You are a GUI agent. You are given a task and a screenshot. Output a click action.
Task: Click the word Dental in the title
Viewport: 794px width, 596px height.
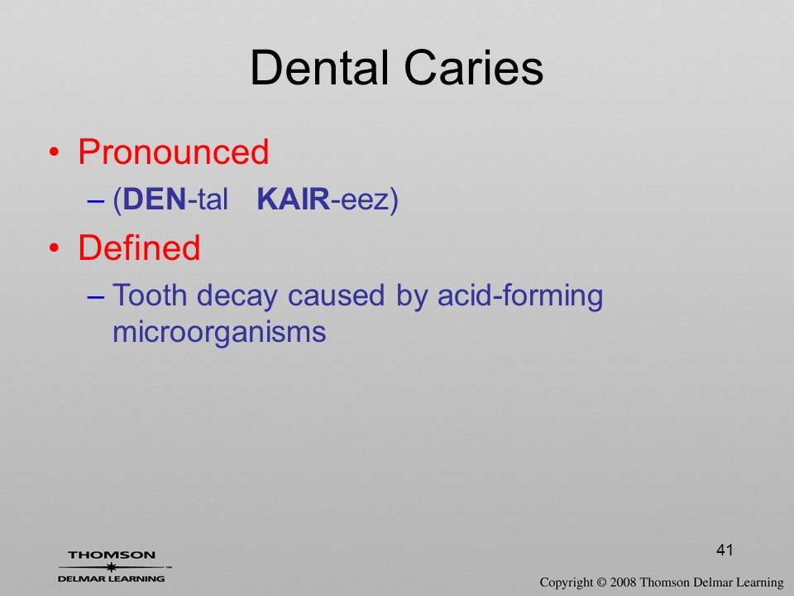tap(319, 67)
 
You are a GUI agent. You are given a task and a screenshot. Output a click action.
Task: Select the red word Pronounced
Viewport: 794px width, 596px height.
tap(173, 151)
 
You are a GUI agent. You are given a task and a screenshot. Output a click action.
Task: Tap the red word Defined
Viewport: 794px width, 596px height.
tap(139, 248)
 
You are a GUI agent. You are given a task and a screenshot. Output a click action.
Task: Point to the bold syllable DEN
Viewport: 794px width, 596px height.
tap(155, 199)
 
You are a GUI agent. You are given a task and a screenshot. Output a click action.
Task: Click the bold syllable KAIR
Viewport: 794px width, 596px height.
tap(294, 199)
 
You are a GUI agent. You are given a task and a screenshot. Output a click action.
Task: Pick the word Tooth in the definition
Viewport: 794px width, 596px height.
tap(150, 295)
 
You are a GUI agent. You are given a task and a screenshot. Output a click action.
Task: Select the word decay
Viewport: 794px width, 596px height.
tap(237, 297)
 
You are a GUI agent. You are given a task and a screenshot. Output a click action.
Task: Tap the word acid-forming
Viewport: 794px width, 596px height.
tap(520, 297)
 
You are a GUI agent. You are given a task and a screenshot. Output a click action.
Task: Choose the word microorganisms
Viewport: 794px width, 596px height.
tap(219, 334)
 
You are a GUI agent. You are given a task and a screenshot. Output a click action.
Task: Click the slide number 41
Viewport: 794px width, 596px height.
tap(725, 550)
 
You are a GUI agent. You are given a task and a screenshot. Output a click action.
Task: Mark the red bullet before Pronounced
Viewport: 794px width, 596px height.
tap(54, 152)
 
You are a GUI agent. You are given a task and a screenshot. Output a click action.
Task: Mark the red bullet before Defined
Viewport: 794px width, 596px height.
tap(54, 248)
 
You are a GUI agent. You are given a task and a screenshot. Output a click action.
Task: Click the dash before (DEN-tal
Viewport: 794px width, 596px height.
tap(96, 201)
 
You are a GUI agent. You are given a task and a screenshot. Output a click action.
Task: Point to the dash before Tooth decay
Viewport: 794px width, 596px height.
tap(96, 297)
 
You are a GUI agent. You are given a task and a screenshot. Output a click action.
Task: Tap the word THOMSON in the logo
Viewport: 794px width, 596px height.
tap(112, 555)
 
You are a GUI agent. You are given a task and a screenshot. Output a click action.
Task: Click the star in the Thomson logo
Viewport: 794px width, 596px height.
tap(112, 567)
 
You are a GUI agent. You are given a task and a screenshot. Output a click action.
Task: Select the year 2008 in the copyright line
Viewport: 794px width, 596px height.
tap(623, 582)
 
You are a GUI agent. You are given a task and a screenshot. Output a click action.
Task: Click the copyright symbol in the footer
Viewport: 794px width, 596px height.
tap(601, 582)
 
